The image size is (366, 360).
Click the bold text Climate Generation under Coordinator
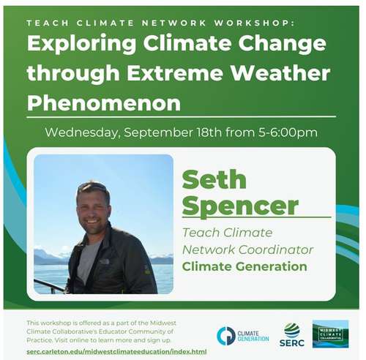point(244,266)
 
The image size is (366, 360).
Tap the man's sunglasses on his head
point(94,188)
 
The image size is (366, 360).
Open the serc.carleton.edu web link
point(116,352)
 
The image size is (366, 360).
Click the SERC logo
point(292,335)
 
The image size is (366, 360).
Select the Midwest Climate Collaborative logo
point(330,334)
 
